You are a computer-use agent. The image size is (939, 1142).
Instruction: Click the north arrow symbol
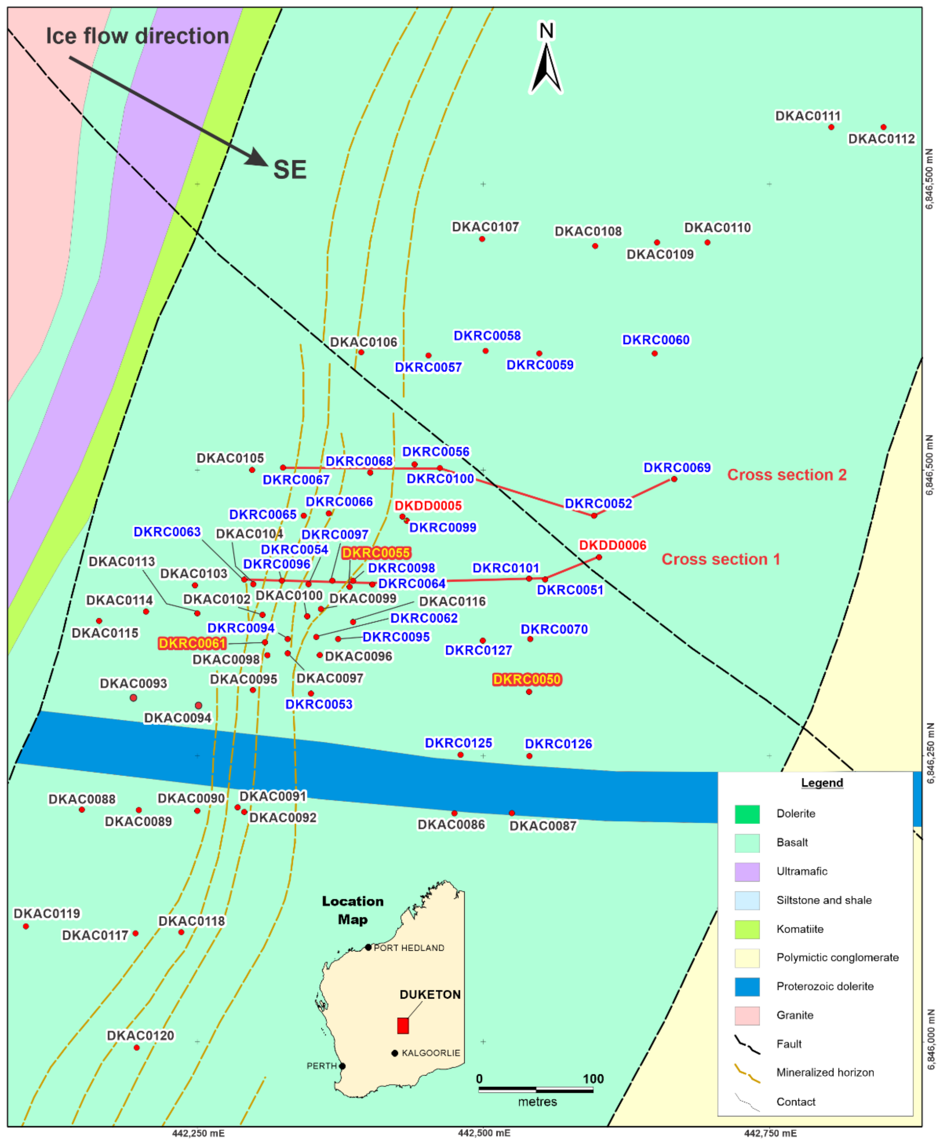[x=546, y=59]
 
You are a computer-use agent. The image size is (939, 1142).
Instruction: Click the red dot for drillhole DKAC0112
[x=883, y=127]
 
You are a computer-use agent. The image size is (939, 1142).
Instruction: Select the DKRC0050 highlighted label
[x=527, y=679]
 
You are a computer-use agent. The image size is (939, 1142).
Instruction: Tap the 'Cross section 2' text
[x=786, y=474]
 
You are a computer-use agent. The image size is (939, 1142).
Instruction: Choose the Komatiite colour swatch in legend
[x=747, y=929]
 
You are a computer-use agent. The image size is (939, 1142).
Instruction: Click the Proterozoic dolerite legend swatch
[x=747, y=986]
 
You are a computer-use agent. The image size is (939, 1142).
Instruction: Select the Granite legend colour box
[x=747, y=1015]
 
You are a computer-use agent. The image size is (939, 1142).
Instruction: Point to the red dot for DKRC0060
[x=654, y=353]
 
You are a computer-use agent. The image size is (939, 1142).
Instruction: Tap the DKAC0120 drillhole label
[x=141, y=1035]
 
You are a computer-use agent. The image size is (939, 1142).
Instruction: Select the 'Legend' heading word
[x=822, y=783]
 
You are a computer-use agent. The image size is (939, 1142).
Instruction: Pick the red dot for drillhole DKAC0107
[x=482, y=238]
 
